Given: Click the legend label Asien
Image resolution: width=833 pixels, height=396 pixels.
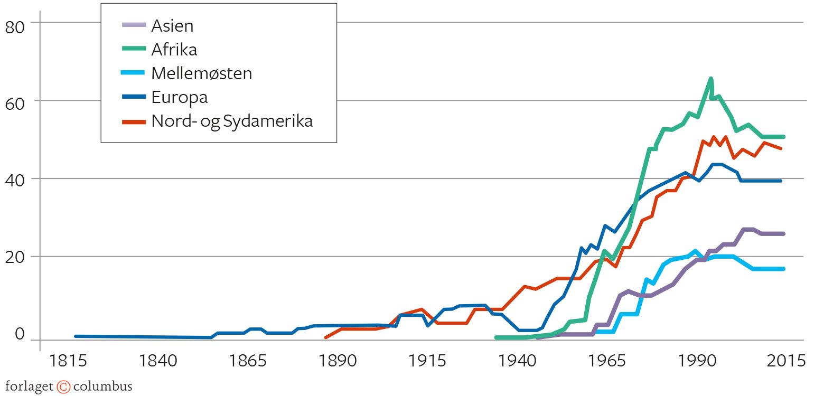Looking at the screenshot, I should tap(172, 25).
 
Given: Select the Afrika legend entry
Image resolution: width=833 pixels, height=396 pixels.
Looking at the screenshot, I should tap(174, 49).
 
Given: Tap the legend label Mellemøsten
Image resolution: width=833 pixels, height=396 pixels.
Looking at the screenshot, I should tap(201, 73).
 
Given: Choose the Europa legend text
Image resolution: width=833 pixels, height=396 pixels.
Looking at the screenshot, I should tap(179, 97).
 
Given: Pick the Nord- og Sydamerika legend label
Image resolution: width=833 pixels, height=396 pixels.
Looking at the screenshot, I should tap(232, 121).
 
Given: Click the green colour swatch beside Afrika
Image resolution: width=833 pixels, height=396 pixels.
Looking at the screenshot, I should tap(134, 49).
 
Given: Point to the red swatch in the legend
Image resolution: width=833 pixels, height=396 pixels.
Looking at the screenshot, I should tap(134, 121).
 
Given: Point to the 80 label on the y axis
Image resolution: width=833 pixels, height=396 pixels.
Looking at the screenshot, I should tap(15, 27).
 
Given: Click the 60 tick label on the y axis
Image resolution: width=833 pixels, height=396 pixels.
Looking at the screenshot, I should tap(15, 103).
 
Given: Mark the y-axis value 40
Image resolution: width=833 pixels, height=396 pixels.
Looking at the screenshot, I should tap(15, 181).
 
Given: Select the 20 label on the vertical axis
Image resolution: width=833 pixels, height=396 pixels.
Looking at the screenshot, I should tap(15, 258).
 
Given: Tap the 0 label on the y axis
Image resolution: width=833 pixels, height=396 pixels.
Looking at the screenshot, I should tap(20, 334).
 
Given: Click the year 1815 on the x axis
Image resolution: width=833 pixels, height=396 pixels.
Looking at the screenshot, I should tap(68, 361).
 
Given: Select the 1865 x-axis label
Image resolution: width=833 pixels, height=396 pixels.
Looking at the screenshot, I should tap(247, 361).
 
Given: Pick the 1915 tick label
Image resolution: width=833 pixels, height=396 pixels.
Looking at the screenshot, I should tap(427, 361).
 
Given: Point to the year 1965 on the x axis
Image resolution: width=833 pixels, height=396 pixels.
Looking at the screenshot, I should tap(606, 361).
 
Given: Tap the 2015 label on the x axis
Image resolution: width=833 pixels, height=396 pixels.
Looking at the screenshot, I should tap(786, 361).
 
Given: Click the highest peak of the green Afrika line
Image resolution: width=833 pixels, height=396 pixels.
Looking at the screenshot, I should tap(711, 79).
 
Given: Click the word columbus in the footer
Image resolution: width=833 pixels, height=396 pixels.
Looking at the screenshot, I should tap(102, 386).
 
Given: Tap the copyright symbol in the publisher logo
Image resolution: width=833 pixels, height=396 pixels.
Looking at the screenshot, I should tap(63, 387).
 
